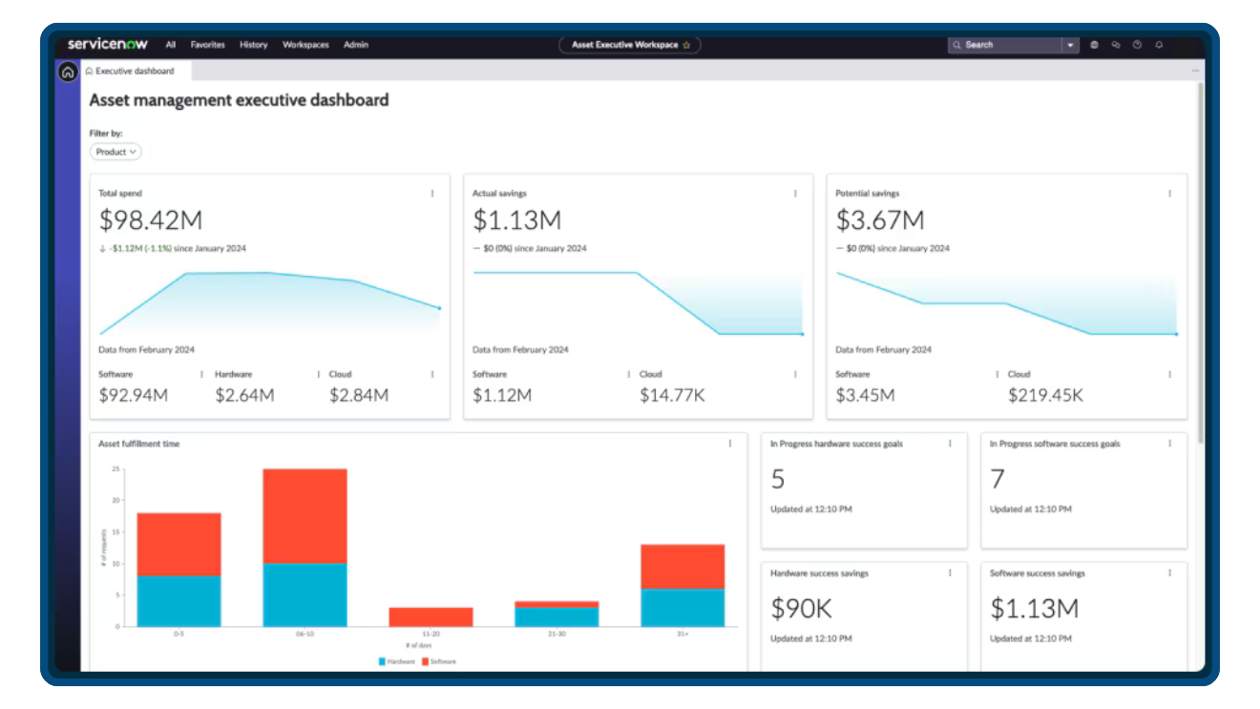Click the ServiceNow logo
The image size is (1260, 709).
coord(107,44)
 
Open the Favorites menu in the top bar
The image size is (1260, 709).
coord(207,45)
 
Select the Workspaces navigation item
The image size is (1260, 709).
coord(305,45)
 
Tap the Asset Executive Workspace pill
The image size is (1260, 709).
coord(630,45)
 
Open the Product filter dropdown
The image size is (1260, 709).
coord(115,152)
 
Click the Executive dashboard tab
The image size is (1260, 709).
coord(135,72)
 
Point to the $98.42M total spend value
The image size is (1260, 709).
coord(151,220)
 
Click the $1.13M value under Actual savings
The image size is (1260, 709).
coord(516,220)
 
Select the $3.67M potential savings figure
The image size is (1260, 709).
coord(880,220)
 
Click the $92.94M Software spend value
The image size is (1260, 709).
coord(134,395)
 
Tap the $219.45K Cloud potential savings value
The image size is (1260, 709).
coord(1045,395)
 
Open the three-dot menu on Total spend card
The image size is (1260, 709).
coord(431,193)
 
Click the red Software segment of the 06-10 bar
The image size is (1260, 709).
coord(304,515)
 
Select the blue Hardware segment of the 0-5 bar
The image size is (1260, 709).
coord(178,600)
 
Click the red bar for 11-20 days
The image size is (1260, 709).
coord(430,616)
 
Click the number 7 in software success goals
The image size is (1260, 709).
coord(997,478)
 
